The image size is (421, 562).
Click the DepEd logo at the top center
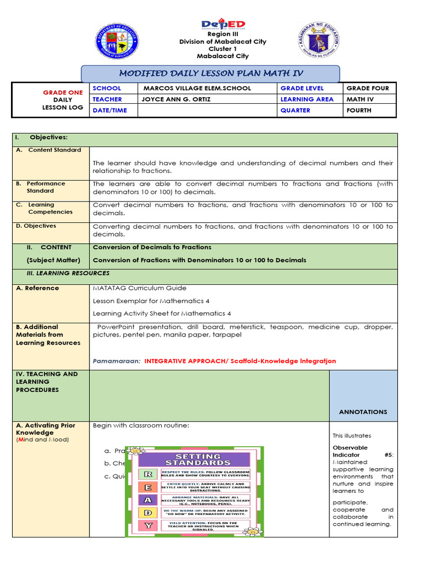[x=223, y=25]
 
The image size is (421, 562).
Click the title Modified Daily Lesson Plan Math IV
[x=210, y=74]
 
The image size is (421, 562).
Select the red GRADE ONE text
[x=63, y=93]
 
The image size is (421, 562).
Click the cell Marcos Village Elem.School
[x=197, y=88]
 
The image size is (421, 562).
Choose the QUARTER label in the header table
[x=295, y=110]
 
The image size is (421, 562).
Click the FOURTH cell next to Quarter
[x=359, y=110]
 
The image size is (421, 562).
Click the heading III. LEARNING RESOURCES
[x=68, y=273]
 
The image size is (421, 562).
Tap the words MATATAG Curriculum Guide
[x=140, y=288]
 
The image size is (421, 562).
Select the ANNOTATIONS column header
[x=363, y=412]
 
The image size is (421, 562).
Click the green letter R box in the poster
[x=147, y=474]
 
